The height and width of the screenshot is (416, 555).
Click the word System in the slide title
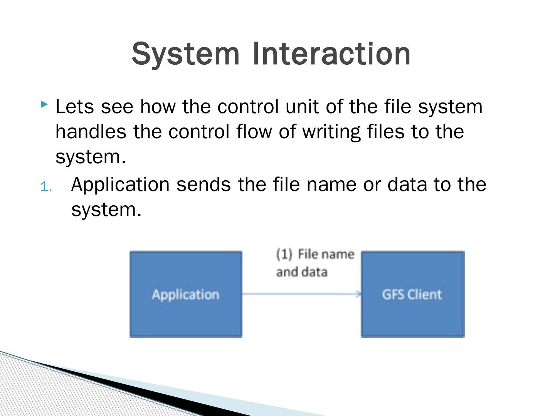tap(185, 54)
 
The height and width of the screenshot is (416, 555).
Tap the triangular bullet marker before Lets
tap(44, 104)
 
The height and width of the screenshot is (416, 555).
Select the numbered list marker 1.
tap(46, 187)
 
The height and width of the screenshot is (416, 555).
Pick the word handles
tap(91, 131)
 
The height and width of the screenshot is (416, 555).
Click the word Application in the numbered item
tap(120, 185)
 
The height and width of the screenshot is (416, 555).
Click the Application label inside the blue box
tap(185, 295)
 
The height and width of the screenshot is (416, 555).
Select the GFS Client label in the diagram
tap(412, 295)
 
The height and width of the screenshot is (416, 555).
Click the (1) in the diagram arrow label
tap(284, 254)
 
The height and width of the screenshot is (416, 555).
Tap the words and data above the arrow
tap(302, 272)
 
